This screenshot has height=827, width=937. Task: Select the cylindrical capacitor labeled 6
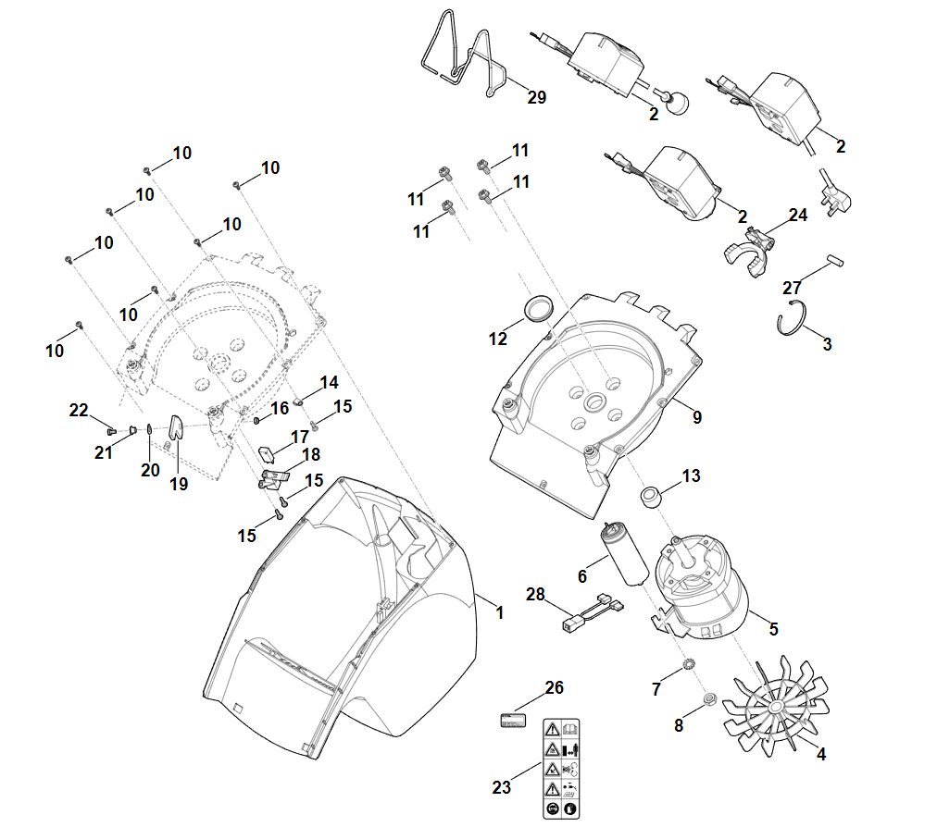622,556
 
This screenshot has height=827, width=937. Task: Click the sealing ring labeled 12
537,307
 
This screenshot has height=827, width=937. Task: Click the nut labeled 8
708,699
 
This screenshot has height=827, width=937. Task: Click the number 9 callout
697,417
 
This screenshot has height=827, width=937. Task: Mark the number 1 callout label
499,612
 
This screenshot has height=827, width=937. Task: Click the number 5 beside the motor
773,629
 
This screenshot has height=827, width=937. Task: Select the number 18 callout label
311,454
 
